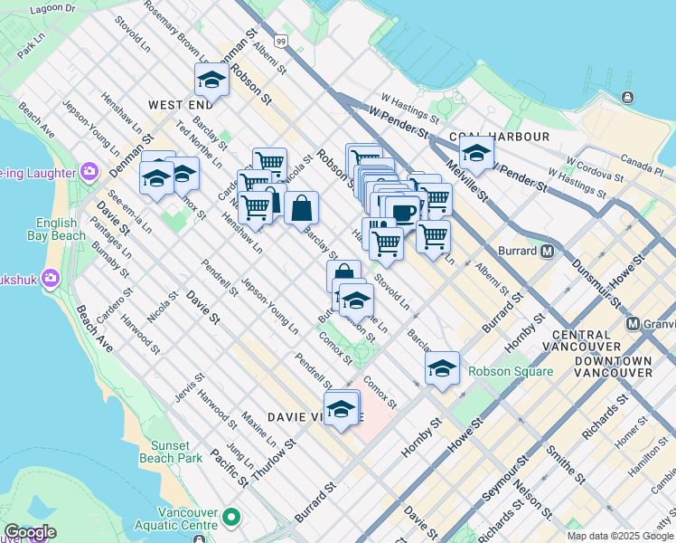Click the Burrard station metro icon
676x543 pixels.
(547, 251)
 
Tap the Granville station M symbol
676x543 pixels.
(634, 323)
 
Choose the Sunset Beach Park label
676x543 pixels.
(171, 452)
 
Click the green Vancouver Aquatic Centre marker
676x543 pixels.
(231, 517)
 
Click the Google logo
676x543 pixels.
(30, 531)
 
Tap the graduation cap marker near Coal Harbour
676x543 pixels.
(476, 152)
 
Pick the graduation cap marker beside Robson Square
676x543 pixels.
(442, 368)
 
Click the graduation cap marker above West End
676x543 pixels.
(212, 80)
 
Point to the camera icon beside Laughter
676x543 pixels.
(89, 171)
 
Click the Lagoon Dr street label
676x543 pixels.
(52, 8)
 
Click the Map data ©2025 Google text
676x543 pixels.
(620, 536)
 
